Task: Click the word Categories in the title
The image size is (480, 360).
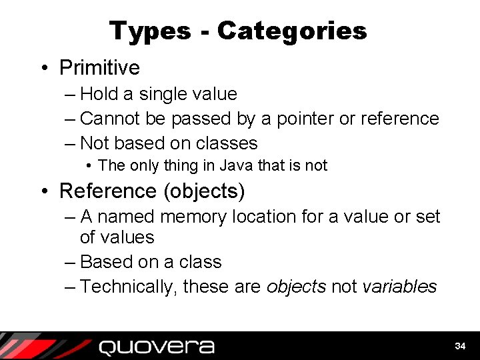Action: pos(292,31)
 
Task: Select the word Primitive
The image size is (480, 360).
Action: pos(99,67)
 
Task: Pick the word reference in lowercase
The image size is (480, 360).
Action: pos(399,119)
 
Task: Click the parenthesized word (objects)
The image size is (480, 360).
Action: pos(204,191)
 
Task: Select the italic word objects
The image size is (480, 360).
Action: pos(296,287)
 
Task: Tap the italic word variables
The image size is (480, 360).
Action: pos(399,287)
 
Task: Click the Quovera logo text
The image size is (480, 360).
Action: pos(157,347)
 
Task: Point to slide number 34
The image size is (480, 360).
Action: pos(460,347)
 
